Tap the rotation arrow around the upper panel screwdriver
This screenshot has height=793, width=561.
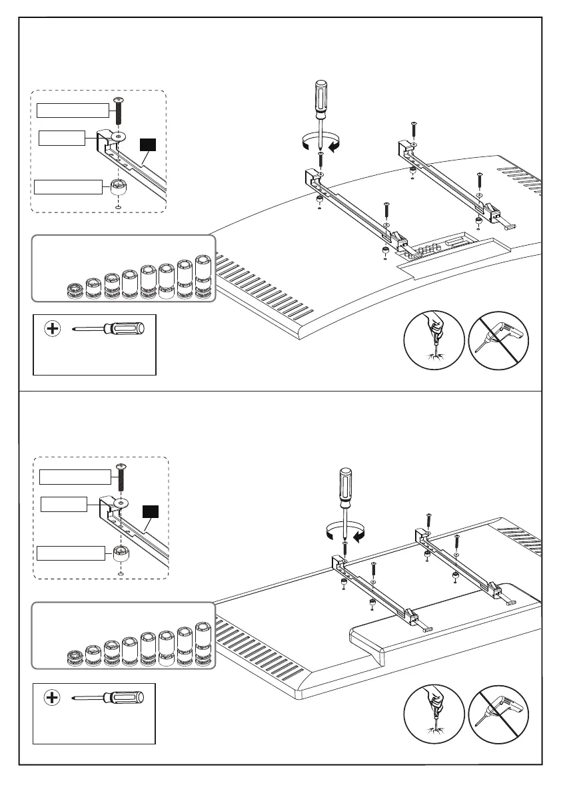tap(320, 142)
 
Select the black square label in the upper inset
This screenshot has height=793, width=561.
tap(147, 145)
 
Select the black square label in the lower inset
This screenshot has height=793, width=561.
tap(151, 512)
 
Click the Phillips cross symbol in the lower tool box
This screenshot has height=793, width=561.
tap(52, 698)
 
